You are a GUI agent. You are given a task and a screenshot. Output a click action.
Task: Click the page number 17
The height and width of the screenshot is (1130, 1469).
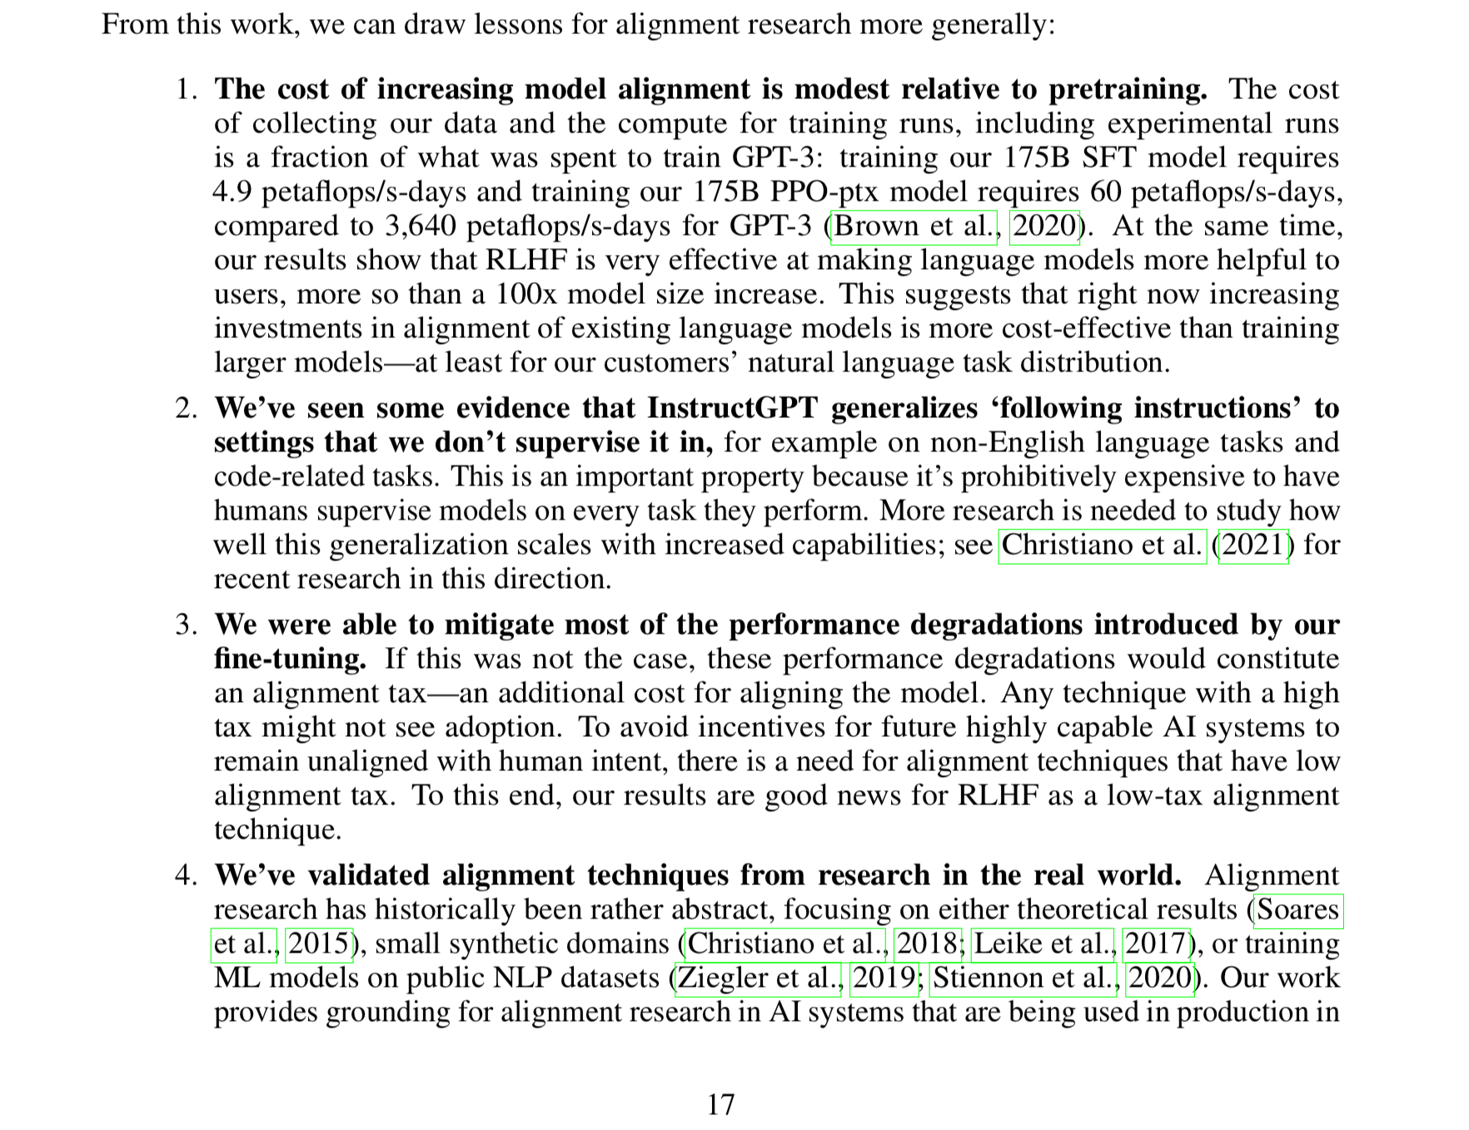pyautogui.click(x=720, y=1105)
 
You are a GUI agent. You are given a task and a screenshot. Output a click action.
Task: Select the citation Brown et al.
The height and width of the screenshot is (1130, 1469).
pyautogui.click(x=914, y=226)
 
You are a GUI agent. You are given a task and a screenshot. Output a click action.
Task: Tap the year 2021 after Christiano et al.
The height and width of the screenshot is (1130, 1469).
pyautogui.click(x=1253, y=545)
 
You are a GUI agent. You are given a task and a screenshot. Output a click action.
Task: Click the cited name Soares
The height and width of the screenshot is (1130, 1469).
pyautogui.click(x=1298, y=909)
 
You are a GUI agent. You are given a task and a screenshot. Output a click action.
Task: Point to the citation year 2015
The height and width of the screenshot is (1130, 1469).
pyautogui.click(x=319, y=943)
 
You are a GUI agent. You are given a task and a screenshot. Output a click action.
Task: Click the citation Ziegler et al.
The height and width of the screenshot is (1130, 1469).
pyautogui.click(x=759, y=978)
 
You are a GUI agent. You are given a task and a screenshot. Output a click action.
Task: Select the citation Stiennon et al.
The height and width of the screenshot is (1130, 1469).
pyautogui.click(x=1024, y=978)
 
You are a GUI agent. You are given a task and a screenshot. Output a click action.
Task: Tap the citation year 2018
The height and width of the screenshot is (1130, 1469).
pyautogui.click(x=927, y=943)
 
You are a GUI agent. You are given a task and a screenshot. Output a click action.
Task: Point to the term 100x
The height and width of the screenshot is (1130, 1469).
pyautogui.click(x=527, y=295)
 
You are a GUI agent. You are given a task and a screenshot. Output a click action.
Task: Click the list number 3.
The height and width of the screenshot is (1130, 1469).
pyautogui.click(x=185, y=625)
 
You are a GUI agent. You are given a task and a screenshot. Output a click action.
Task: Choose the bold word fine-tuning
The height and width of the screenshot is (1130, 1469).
pyautogui.click(x=290, y=659)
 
